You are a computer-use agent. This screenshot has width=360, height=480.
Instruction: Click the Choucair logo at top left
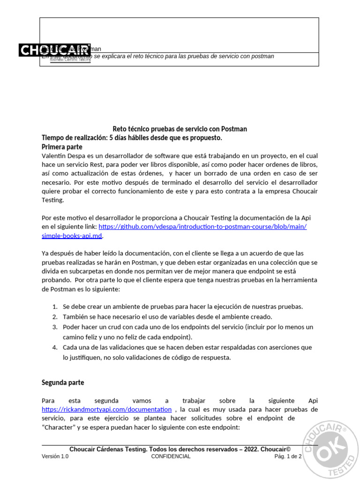55,50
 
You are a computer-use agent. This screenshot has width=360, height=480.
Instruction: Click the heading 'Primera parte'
62,146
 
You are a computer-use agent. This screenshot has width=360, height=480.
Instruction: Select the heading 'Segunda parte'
63,382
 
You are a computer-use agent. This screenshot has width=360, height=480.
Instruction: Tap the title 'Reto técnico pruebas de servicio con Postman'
180,129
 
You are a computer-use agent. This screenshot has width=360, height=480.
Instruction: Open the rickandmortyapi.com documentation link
106,409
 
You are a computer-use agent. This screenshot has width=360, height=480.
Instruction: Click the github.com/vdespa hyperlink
202,226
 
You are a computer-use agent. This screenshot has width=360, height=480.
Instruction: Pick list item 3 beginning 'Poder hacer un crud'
188,327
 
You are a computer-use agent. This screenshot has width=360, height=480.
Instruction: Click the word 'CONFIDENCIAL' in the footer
171,457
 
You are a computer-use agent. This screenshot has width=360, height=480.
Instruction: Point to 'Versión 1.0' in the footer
55,457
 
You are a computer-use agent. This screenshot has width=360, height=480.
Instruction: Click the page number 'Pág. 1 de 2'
288,457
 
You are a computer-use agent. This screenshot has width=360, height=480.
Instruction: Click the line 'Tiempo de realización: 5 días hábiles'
132,138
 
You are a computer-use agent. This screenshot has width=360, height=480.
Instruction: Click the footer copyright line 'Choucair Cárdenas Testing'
180,449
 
